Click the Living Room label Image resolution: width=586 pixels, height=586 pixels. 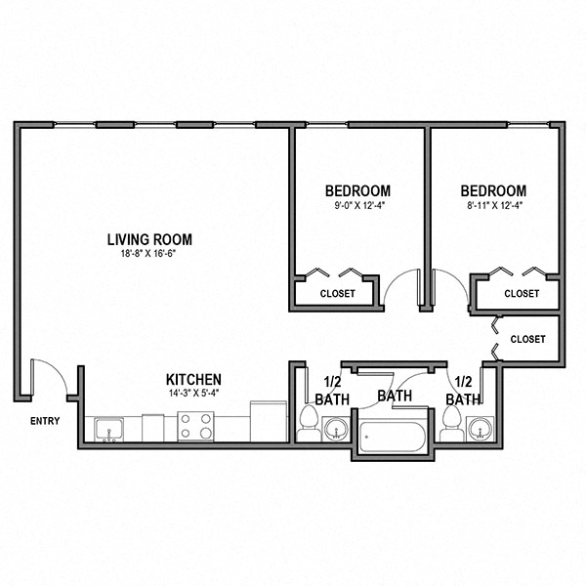(x=149, y=239)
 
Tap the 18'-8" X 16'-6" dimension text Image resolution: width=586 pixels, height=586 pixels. (x=148, y=254)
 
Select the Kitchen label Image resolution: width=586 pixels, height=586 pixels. (x=193, y=380)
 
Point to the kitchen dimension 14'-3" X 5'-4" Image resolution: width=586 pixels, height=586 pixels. (x=193, y=394)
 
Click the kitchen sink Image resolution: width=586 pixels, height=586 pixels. (x=108, y=430)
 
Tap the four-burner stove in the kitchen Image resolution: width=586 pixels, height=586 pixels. (x=195, y=427)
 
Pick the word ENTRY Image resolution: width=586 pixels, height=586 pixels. (x=45, y=421)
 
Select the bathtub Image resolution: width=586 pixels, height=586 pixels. (x=392, y=437)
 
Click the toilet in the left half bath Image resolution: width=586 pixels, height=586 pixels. (x=309, y=424)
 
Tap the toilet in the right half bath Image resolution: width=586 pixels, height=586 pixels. (x=451, y=424)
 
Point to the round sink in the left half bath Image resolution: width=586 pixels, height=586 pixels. (x=336, y=429)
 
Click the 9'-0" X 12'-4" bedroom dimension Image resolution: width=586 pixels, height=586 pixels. (x=358, y=205)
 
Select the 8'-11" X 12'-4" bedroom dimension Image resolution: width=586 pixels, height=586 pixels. (x=493, y=205)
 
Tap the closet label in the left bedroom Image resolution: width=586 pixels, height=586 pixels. (x=338, y=293)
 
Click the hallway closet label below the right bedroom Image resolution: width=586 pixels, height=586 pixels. (x=527, y=339)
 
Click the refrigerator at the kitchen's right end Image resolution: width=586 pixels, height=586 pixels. (x=269, y=422)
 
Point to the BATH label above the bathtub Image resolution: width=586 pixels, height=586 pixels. (x=395, y=396)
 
